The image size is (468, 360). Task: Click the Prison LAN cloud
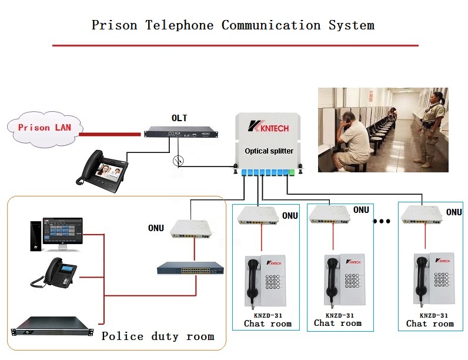43,127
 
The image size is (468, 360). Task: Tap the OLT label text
179,118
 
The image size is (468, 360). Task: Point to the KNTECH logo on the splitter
270,125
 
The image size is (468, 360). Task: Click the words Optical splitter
269,151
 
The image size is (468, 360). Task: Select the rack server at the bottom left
52,326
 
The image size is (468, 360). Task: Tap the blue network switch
190,269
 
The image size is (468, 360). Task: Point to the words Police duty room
158,336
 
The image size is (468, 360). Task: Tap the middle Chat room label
337,323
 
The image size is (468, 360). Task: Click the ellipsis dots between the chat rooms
382,222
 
